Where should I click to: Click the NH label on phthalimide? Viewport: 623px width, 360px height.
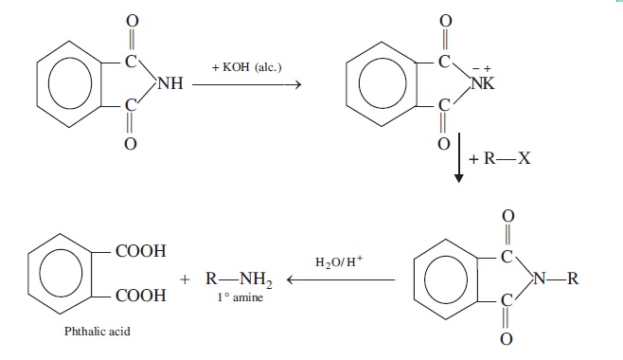pos(170,83)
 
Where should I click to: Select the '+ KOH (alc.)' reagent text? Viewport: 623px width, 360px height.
pos(247,66)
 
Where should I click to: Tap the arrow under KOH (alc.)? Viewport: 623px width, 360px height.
pos(247,84)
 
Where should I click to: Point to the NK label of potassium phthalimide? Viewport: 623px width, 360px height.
pos(483,83)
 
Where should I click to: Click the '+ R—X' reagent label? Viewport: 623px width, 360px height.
pos(500,158)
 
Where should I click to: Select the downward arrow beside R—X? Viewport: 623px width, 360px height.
pos(459,157)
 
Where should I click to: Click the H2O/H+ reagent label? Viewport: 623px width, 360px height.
pos(339,261)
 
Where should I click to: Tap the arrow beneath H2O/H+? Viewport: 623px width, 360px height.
pos(341,279)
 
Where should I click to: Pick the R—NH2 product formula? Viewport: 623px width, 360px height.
pos(240,279)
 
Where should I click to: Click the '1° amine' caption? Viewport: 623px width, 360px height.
pos(240,297)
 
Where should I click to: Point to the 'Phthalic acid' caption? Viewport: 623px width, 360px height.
pos(98,331)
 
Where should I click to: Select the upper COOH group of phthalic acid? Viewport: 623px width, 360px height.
pos(141,251)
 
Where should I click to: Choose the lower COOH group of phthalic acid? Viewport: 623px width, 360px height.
pos(141,296)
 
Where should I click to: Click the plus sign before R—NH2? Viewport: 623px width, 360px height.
pos(185,279)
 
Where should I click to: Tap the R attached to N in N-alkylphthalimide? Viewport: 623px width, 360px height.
pos(573,279)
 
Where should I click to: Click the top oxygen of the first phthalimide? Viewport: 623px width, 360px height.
pos(133,21)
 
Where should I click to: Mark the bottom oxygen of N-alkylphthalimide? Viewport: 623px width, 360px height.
pos(507,339)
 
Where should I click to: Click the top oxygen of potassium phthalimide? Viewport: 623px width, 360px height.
pos(446,21)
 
